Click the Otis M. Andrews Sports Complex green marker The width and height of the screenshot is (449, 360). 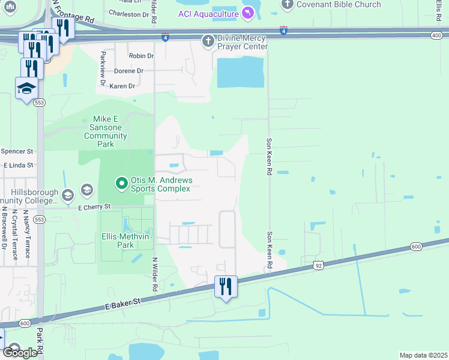tap(121, 182)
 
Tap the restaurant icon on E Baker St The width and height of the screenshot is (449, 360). tap(226, 287)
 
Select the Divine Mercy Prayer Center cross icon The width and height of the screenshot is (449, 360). tap(208, 41)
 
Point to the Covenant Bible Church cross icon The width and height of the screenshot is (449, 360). tap(287, 5)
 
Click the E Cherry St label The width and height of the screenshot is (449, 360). tap(95, 207)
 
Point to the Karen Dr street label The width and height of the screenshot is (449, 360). tap(122, 86)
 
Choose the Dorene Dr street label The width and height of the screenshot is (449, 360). tap(128, 71)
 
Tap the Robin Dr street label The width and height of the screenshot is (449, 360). tap(141, 56)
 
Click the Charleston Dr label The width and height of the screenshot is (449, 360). tap(129, 14)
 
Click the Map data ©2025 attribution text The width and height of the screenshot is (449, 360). tap(423, 355)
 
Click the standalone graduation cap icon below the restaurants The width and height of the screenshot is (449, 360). tap(26, 89)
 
